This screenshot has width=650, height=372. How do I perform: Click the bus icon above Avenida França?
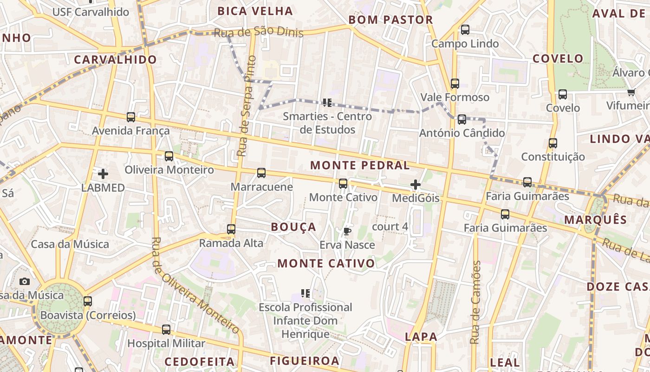[131, 117]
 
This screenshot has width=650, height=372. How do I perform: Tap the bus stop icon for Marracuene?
[261, 173]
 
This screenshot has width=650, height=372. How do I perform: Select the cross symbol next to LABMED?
[103, 174]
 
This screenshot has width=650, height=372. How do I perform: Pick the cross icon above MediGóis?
[416, 185]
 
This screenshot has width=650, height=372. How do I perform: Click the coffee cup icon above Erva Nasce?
[347, 231]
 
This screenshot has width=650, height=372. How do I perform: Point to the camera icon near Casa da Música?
[25, 281]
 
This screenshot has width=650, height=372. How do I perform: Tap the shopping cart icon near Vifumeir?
[631, 92]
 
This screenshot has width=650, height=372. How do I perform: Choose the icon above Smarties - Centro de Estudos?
[327, 102]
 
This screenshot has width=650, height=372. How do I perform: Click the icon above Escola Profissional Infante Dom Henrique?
[305, 293]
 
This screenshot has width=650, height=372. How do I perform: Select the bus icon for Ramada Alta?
[231, 229]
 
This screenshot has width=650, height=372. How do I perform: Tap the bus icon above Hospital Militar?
[166, 330]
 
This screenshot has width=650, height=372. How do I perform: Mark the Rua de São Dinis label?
[258, 32]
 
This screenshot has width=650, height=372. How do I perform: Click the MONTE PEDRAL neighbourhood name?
[360, 165]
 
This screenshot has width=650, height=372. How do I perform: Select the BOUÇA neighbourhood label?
[293, 227]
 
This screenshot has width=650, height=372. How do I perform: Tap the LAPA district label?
[421, 337]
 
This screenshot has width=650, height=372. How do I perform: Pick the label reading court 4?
[390, 226]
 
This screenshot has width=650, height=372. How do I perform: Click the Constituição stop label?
[553, 157]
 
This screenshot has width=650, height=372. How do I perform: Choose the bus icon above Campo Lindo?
[465, 30]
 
